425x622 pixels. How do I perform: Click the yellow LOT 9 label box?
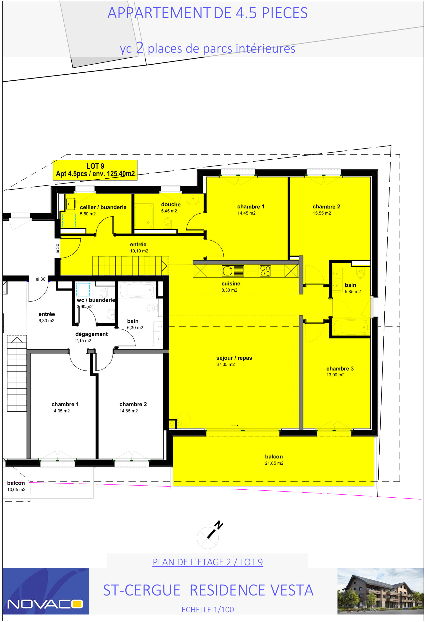pos(95,170)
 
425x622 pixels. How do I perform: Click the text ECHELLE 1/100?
pos(208,609)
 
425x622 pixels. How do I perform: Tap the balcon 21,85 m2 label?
pos(274,459)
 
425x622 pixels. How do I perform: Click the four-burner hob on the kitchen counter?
pos(265,271)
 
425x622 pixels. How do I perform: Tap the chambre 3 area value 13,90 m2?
pos(335,375)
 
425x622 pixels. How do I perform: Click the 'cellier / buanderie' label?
pos(103,207)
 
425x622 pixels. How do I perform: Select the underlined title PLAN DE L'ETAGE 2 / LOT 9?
pos(208,562)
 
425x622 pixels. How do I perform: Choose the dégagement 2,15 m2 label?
pos(91,337)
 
